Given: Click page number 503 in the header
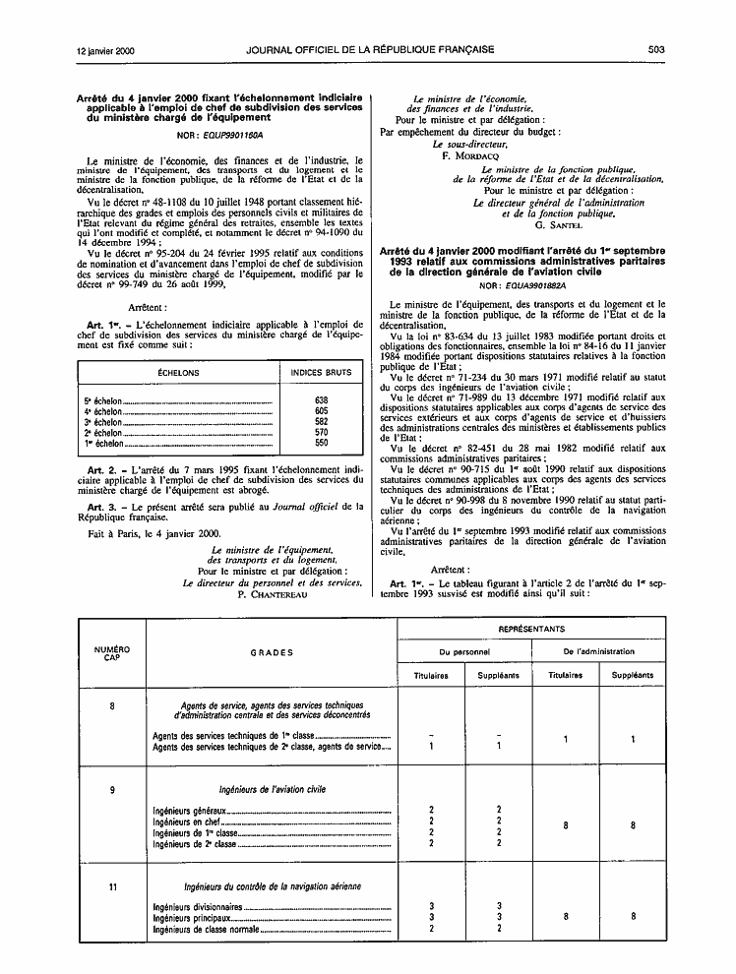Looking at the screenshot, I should [x=657, y=49].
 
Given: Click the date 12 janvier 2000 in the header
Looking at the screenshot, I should [x=104, y=49].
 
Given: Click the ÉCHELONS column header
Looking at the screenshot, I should [x=178, y=373].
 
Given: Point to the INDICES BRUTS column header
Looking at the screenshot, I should [x=321, y=373].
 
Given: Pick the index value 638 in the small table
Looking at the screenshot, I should [x=321, y=400].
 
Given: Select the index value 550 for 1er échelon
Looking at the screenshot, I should [x=321, y=443].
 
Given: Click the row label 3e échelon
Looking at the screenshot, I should [x=103, y=421].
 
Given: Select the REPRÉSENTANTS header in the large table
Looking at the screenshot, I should [x=531, y=628].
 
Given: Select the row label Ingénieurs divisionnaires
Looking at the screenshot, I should [x=198, y=906].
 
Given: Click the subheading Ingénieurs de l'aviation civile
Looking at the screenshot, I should [x=272, y=789].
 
